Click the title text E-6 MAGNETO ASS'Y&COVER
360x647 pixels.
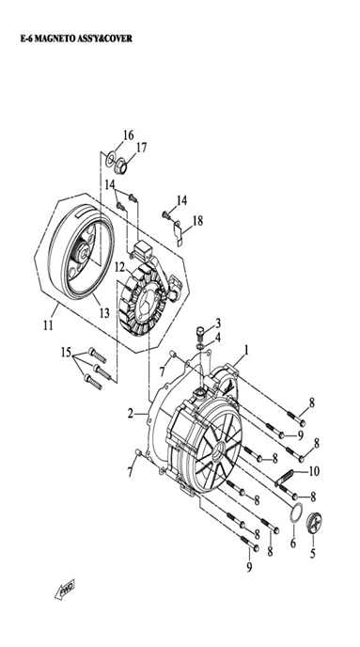click(76, 39)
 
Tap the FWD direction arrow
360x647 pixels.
click(65, 590)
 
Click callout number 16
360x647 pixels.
click(128, 134)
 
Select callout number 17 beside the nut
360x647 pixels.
click(141, 148)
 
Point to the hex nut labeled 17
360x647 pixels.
click(120, 167)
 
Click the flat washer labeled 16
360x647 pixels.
click(110, 159)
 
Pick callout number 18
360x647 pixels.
click(197, 221)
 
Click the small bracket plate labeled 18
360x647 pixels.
click(178, 233)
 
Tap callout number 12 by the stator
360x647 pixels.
click(119, 268)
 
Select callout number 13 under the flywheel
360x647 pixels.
click(104, 313)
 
